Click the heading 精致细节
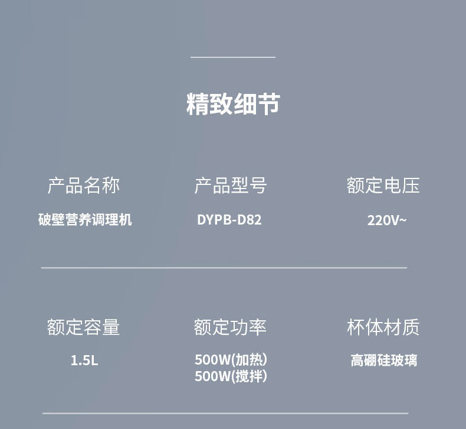click(x=232, y=104)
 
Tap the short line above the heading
click(x=233, y=57)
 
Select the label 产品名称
click(x=84, y=186)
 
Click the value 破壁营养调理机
click(x=85, y=220)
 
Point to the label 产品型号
click(x=231, y=186)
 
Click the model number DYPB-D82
click(x=229, y=220)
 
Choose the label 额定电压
click(x=383, y=186)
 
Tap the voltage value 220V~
click(x=387, y=221)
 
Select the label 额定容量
click(x=84, y=327)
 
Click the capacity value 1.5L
click(x=84, y=360)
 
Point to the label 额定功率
click(x=230, y=327)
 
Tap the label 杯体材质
click(x=383, y=327)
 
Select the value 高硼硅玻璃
click(x=384, y=360)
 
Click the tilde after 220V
click(x=403, y=220)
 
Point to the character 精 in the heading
click(x=198, y=104)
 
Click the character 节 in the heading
click(x=268, y=104)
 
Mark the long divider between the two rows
click(x=224, y=268)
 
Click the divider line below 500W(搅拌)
click(x=225, y=413)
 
